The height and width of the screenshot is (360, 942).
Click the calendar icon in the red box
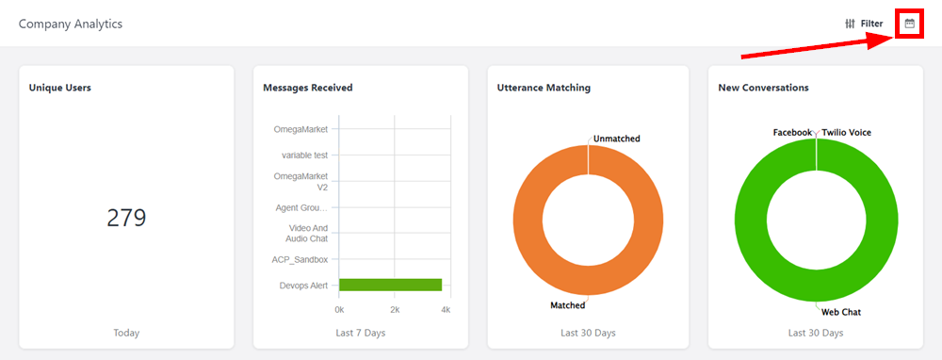(910, 25)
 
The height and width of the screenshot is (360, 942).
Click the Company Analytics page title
(71, 25)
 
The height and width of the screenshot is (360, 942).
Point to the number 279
(127, 218)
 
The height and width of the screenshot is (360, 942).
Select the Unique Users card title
(60, 88)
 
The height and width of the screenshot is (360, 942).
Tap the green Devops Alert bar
(391, 285)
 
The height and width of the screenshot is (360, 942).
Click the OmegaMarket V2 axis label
(301, 182)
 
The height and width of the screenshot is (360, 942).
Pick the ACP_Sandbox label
(300, 259)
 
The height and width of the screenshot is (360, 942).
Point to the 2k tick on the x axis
(395, 310)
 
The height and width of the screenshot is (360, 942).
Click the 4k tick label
(446, 310)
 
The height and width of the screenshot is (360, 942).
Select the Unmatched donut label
(617, 139)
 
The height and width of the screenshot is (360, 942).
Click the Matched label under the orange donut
(568, 305)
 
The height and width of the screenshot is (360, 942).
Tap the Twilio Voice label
(847, 132)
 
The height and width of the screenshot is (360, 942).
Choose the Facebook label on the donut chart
(792, 132)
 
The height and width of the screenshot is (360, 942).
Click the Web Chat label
(841, 312)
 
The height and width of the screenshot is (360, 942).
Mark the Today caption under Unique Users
(126, 333)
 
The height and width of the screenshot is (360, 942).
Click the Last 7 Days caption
(361, 333)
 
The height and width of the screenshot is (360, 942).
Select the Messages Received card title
(308, 88)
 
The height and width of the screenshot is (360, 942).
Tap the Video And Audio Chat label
(308, 233)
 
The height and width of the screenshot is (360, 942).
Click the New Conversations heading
(764, 88)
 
